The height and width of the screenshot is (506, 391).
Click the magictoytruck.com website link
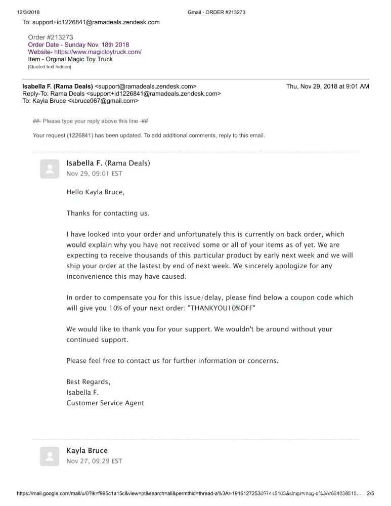(98, 52)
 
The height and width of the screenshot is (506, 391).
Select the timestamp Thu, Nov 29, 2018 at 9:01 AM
(327, 86)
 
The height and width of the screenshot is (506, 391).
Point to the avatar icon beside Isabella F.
(50, 169)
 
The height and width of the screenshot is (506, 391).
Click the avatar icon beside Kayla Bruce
(50, 456)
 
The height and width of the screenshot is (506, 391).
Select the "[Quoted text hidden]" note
(50, 66)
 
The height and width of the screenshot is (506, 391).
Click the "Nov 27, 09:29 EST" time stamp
(94, 461)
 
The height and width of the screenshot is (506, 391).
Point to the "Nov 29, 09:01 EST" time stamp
(94, 174)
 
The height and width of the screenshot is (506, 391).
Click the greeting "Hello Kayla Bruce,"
(95, 192)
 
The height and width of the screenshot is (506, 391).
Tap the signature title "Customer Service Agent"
(105, 403)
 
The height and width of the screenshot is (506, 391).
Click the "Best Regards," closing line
(88, 382)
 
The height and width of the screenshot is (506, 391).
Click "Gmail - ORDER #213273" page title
(216, 12)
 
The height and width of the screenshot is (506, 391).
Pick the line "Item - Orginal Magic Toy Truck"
(70, 59)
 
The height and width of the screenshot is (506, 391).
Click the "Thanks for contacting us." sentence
(108, 213)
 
